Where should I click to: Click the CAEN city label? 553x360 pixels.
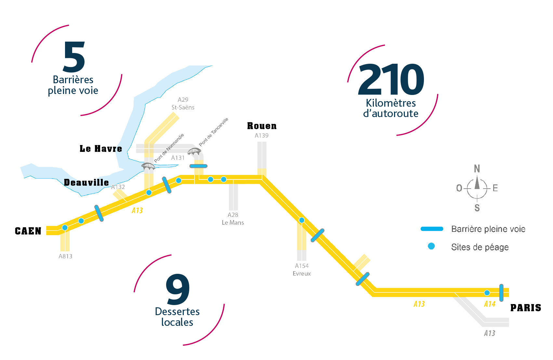tap(28, 231)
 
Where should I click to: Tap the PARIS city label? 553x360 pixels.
tap(526, 308)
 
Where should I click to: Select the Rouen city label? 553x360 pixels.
tap(262, 126)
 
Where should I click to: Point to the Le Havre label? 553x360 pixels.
tap(101, 149)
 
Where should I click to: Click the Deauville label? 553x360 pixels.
tap(86, 182)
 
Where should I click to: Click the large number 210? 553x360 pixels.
tap(391, 79)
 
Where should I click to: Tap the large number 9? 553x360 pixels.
tap(178, 289)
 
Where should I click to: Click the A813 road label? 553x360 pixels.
tap(65, 256)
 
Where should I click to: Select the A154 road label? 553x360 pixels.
tap(302, 266)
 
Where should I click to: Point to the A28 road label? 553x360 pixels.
tap(233, 215)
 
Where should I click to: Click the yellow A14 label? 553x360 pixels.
tap(490, 304)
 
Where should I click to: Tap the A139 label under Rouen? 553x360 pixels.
tap(261, 136)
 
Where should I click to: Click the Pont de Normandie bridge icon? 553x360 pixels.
tap(148, 166)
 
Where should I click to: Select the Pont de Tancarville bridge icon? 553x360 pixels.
tap(194, 151)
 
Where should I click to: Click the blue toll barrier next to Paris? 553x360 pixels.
tap(501, 293)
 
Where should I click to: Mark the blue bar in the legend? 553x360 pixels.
tap(432, 229)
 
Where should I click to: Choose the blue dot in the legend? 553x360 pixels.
tap(431, 246)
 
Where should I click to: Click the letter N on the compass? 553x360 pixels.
tap(477, 169)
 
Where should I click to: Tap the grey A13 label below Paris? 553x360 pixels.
tap(490, 333)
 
